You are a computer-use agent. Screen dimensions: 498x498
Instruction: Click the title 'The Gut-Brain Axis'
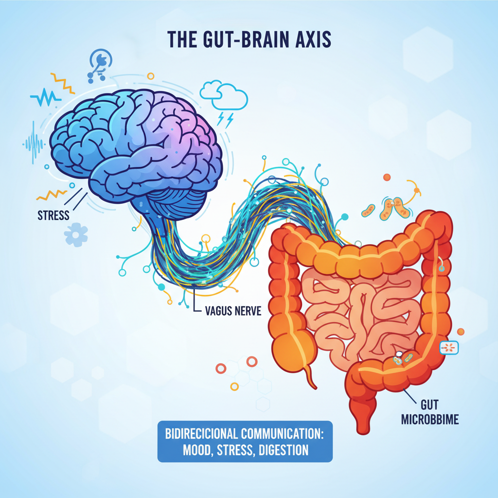[249, 39]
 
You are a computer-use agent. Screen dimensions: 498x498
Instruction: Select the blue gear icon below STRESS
[76, 235]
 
